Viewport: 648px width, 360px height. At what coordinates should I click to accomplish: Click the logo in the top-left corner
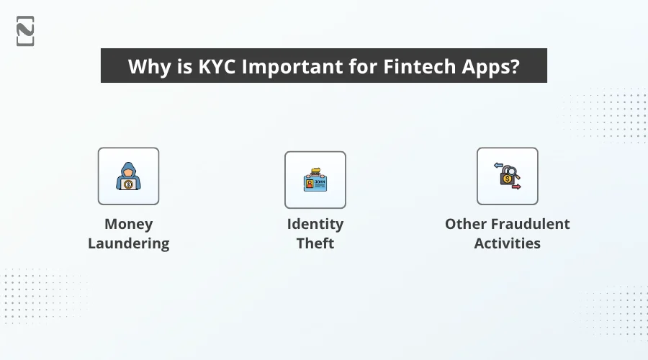tap(25, 31)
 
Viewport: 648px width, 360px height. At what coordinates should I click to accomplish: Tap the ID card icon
tap(315, 180)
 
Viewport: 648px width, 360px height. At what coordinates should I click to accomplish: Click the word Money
tap(128, 224)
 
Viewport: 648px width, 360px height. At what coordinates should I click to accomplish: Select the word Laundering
tap(128, 243)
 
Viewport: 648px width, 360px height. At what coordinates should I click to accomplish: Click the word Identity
tap(315, 224)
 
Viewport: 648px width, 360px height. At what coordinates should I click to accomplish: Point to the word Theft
tap(315, 243)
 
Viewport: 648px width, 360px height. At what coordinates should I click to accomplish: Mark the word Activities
tap(507, 243)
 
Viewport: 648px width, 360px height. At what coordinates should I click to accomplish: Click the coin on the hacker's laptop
tap(128, 184)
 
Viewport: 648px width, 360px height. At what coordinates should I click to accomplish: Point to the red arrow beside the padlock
tap(516, 186)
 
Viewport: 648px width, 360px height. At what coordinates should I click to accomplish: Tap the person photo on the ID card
tap(310, 184)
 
